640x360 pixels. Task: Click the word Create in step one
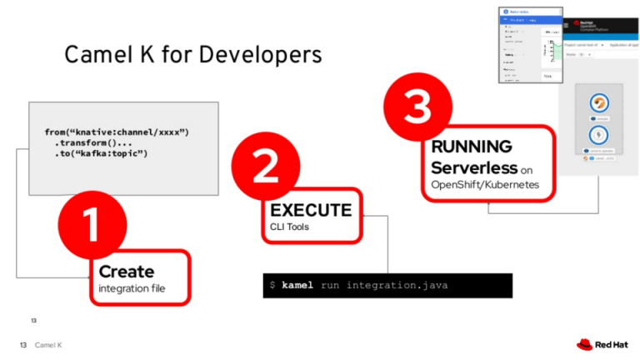click(127, 272)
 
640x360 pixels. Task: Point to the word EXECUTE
click(310, 210)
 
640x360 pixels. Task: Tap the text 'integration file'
click(132, 288)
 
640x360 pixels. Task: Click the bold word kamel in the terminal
click(297, 286)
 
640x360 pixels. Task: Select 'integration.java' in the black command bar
click(397, 286)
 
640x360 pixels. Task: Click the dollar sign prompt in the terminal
click(272, 286)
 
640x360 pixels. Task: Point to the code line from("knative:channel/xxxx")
click(117, 132)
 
